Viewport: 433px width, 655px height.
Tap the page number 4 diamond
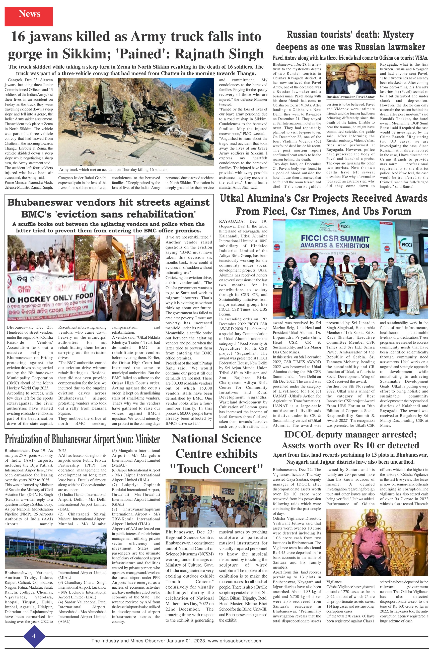tap(34, 636)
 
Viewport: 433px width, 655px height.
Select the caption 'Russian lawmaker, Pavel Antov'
tap(350, 97)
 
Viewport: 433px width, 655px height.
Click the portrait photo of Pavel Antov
tap(350, 78)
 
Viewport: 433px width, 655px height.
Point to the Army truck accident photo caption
tap(113, 170)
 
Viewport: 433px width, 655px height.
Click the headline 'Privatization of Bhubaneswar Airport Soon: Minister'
tap(82, 439)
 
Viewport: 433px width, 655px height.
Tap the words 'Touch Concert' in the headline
tap(216, 469)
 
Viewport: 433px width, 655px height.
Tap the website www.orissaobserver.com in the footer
tap(235, 641)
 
